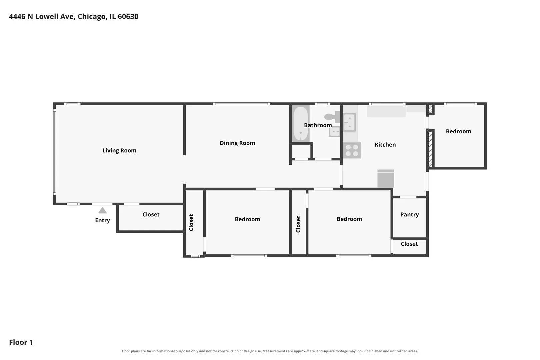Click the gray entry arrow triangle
(x=102, y=211)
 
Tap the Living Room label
(x=119, y=150)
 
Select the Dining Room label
(x=237, y=143)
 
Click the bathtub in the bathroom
(x=301, y=123)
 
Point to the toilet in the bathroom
(x=332, y=117)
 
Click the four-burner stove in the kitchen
(x=352, y=150)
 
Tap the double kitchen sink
(x=349, y=122)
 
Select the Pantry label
(x=409, y=214)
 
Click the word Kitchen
(x=385, y=145)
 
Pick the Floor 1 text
(x=21, y=342)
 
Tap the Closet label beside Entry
(x=151, y=214)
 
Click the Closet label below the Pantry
(x=409, y=244)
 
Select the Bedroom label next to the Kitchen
(x=458, y=131)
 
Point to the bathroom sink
(x=334, y=132)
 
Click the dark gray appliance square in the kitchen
(x=386, y=178)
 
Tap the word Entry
(x=102, y=220)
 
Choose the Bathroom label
(x=318, y=125)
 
